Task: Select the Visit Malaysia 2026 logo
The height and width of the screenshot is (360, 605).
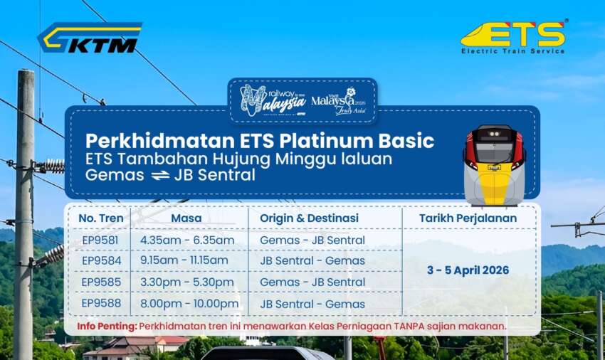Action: [x=338, y=100]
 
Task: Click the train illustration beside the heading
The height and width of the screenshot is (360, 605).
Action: [x=493, y=165]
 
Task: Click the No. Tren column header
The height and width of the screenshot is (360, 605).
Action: [x=100, y=218]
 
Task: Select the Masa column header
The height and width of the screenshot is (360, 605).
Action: [x=186, y=218]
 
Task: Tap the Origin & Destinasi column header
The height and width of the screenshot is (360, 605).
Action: [x=309, y=218]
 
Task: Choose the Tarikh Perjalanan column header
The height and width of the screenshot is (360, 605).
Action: [x=468, y=218]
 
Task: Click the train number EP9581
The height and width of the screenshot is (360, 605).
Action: [x=100, y=240]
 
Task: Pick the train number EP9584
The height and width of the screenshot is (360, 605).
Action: [x=100, y=260]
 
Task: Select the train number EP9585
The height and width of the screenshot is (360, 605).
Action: [x=100, y=282]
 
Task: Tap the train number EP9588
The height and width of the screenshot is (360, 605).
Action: [x=100, y=304]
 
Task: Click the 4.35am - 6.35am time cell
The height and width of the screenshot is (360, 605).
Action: [x=187, y=240]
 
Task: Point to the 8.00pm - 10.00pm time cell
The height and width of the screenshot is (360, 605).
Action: [x=190, y=304]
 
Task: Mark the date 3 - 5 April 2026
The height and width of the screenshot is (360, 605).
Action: [x=468, y=270]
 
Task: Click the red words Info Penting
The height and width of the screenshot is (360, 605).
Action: [x=107, y=327]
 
